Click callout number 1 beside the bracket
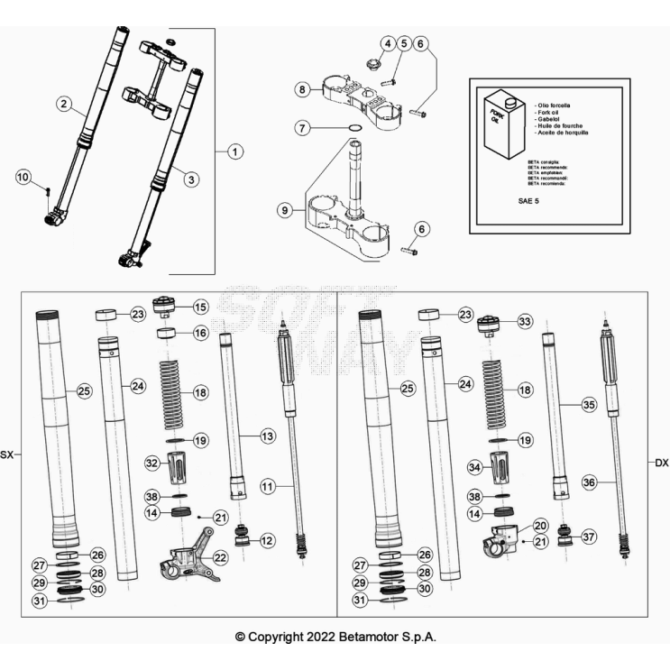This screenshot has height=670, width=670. pyautogui.click(x=234, y=151)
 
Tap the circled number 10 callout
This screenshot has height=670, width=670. pyautogui.click(x=23, y=177)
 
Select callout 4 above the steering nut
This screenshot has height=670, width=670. pyautogui.click(x=388, y=43)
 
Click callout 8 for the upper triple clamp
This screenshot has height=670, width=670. pyautogui.click(x=304, y=89)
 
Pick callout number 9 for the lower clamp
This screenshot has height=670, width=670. pyautogui.click(x=285, y=210)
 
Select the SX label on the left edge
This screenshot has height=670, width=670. pyautogui.click(x=8, y=454)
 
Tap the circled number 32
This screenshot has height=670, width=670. pyautogui.click(x=152, y=463)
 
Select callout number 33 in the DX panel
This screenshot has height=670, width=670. pyautogui.click(x=525, y=321)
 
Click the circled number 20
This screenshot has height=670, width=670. pyautogui.click(x=540, y=525)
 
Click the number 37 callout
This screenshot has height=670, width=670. pyautogui.click(x=588, y=537)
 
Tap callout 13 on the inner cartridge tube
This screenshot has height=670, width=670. pyautogui.click(x=267, y=436)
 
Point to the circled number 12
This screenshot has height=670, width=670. pyautogui.click(x=267, y=540)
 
